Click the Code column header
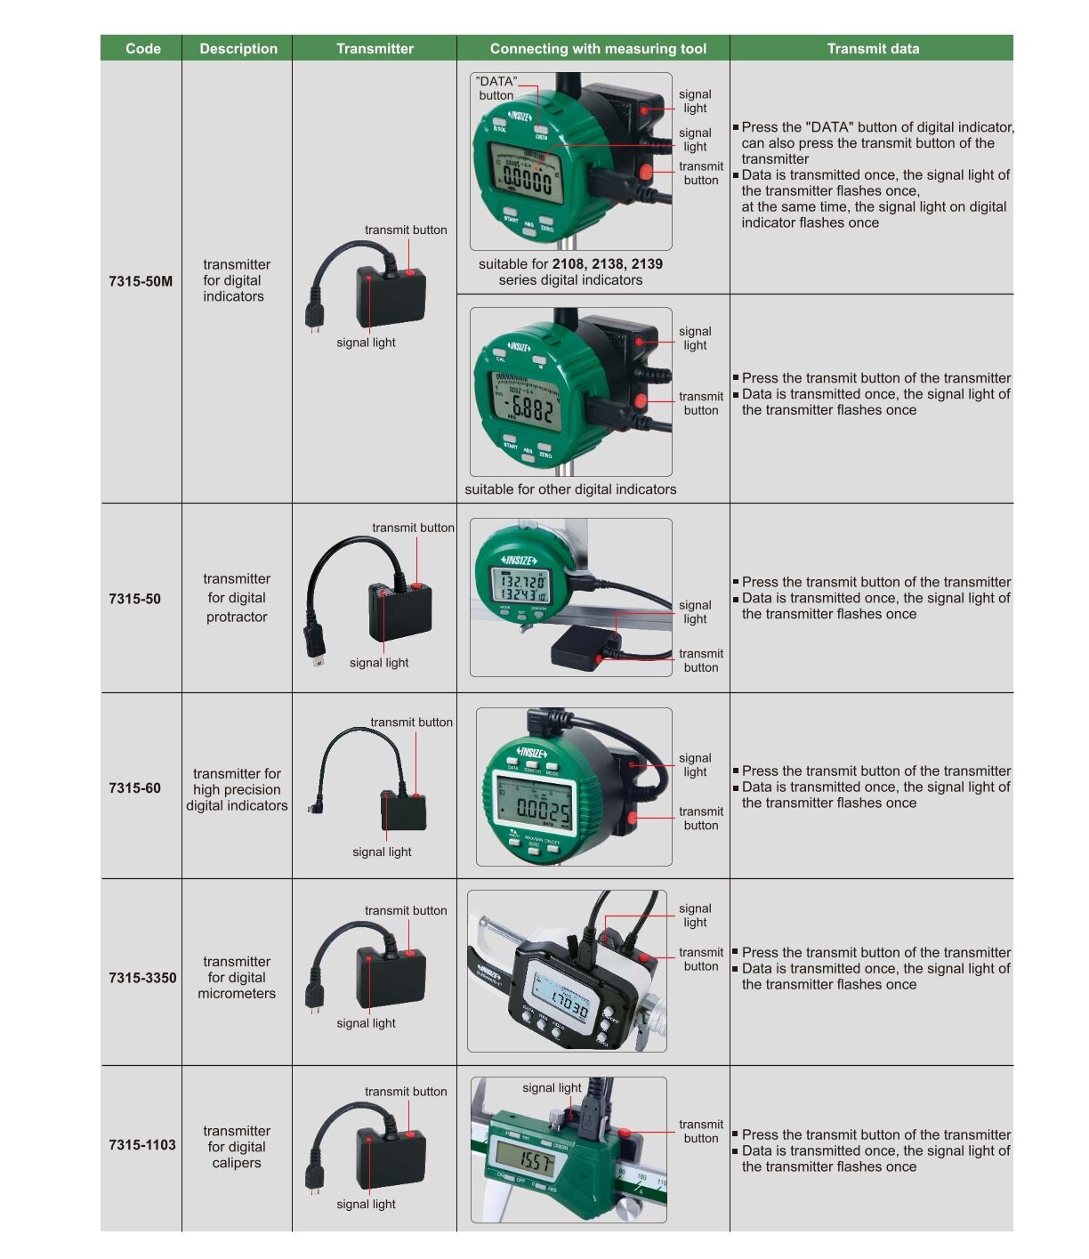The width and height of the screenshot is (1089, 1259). tap(143, 49)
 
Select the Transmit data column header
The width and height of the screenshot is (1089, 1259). tap(873, 49)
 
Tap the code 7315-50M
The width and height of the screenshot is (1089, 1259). tap(141, 281)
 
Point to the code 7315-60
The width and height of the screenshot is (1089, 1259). tap(134, 788)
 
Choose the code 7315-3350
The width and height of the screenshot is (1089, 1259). tap(142, 978)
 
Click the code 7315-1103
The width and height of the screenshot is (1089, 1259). tap(142, 1145)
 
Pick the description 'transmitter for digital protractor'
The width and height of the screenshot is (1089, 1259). tap(237, 598)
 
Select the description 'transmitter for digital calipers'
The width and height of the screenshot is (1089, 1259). tap(237, 1147)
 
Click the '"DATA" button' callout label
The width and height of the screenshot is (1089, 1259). tap(496, 88)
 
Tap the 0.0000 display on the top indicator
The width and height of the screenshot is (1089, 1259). tap(528, 182)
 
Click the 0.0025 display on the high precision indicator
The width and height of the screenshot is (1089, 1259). tap(544, 810)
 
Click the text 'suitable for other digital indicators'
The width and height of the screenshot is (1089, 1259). tap(570, 489)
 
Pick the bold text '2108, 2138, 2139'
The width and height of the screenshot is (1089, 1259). tap(608, 264)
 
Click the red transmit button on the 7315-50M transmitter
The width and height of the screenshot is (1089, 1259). tap(411, 273)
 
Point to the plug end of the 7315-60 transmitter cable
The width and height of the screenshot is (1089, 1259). tap(315, 809)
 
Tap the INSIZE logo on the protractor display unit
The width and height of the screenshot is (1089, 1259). tap(519, 561)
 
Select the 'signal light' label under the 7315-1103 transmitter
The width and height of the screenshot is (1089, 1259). tap(366, 1205)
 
